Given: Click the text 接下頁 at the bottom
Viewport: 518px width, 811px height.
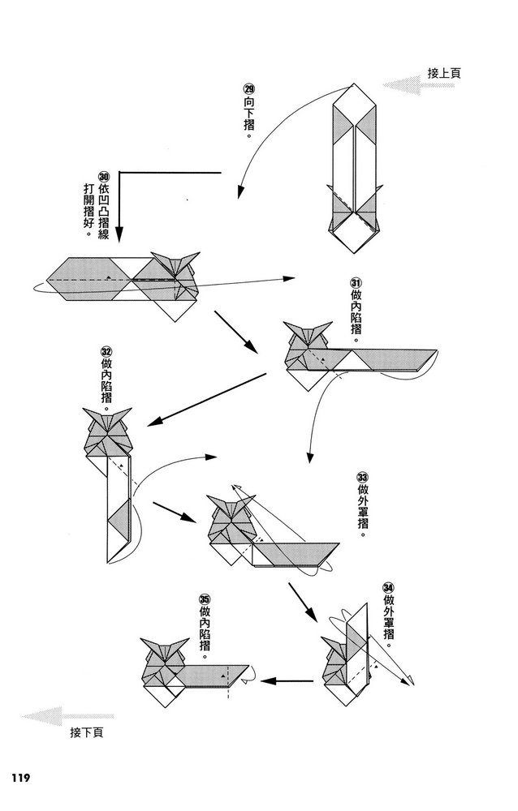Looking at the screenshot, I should coord(87,732).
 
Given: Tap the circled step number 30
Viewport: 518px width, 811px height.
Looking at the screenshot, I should coord(104,177).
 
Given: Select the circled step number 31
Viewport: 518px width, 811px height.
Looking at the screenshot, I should coord(356,282).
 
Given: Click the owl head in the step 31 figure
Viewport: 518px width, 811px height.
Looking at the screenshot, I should coord(306,339).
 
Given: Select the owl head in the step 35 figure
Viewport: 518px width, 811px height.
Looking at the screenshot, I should coord(161,653).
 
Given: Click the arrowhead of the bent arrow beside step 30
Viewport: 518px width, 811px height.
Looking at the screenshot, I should coord(119,236).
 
